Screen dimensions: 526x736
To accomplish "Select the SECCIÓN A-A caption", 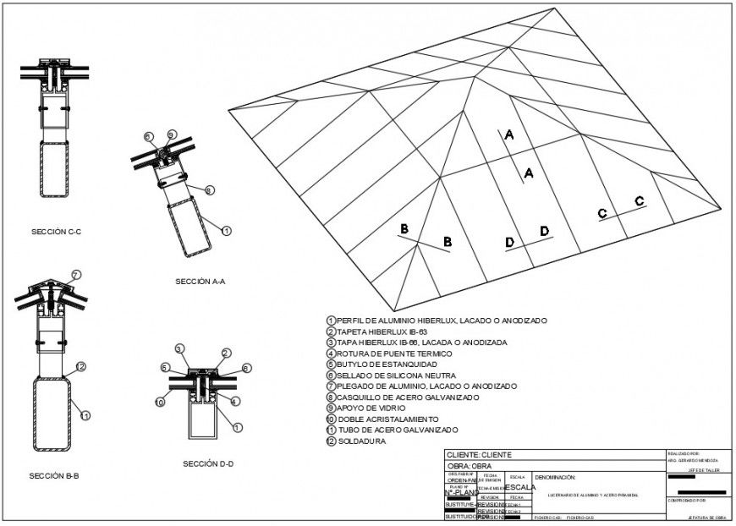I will (x=200, y=282).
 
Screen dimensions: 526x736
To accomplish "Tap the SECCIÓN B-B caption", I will (x=54, y=476).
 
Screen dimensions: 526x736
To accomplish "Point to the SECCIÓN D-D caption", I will (x=208, y=463).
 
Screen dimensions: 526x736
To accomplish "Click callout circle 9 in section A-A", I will (x=172, y=134).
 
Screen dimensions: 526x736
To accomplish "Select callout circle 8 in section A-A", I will (x=209, y=190).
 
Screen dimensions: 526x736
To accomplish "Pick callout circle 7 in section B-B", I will (x=76, y=275).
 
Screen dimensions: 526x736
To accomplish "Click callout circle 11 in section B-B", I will (x=85, y=415).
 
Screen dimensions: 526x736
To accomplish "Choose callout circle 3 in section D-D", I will (x=179, y=349).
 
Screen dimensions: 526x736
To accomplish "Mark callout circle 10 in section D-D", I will (x=160, y=402).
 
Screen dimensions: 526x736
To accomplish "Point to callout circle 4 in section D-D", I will (x=234, y=401).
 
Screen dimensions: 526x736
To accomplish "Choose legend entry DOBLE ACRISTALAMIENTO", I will (x=387, y=419).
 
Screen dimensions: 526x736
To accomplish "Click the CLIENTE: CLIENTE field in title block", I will (x=479, y=455).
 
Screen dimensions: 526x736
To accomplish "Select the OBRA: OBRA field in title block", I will (x=469, y=466).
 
